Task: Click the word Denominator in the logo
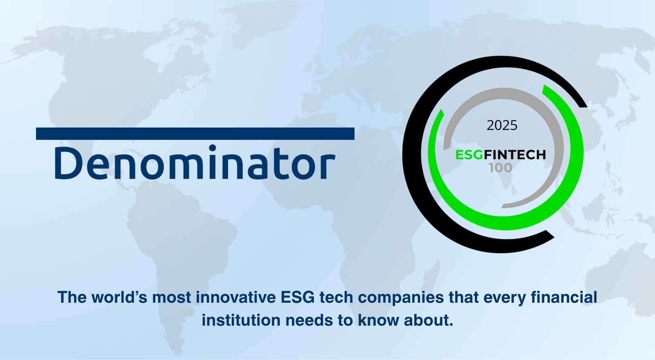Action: click(194, 163)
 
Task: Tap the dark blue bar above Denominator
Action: click(195, 134)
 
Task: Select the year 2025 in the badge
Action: click(502, 125)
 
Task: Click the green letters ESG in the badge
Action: click(469, 155)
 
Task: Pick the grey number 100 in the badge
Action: click(500, 168)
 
